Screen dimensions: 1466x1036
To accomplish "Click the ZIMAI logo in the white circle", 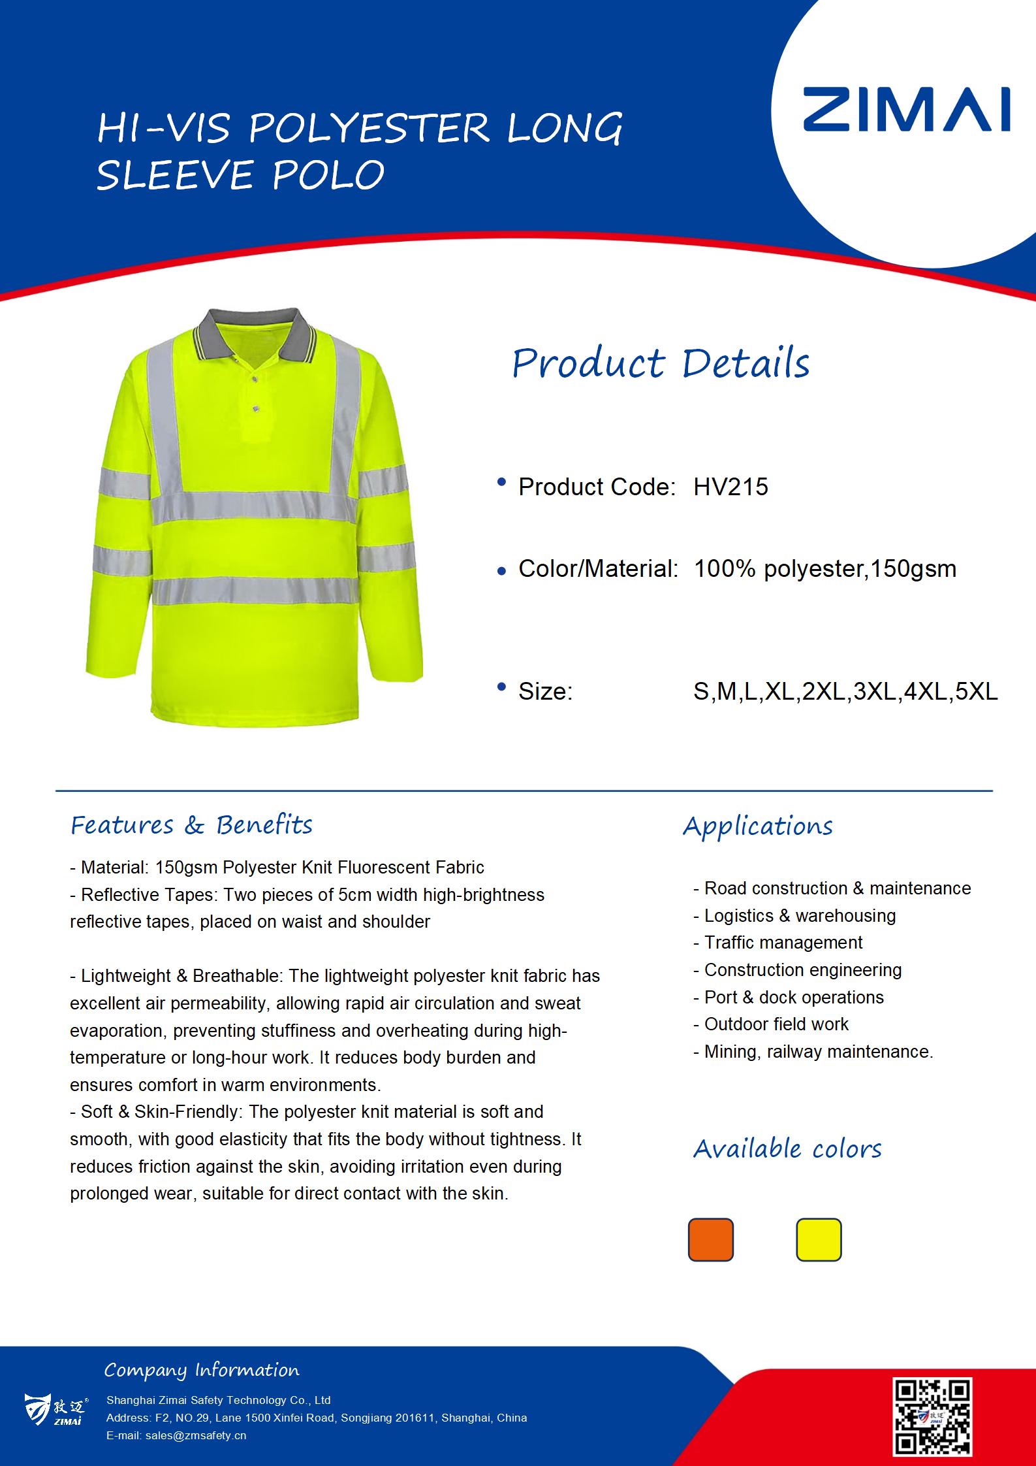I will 906,110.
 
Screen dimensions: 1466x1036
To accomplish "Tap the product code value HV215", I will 730,487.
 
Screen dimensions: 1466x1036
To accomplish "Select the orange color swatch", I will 710,1239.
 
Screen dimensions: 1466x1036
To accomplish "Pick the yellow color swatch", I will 819,1239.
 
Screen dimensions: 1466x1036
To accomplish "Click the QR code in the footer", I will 932,1416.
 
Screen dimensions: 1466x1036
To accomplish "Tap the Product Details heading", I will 661,363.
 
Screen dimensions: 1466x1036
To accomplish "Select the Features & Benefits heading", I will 191,825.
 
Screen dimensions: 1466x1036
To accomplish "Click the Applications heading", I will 758,826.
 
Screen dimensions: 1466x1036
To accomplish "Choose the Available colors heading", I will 787,1148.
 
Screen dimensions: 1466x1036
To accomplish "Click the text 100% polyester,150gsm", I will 824,568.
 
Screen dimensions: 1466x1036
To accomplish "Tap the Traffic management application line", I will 783,943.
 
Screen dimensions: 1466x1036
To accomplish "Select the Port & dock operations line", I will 793,997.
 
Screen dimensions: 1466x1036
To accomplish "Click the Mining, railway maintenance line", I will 818,1052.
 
